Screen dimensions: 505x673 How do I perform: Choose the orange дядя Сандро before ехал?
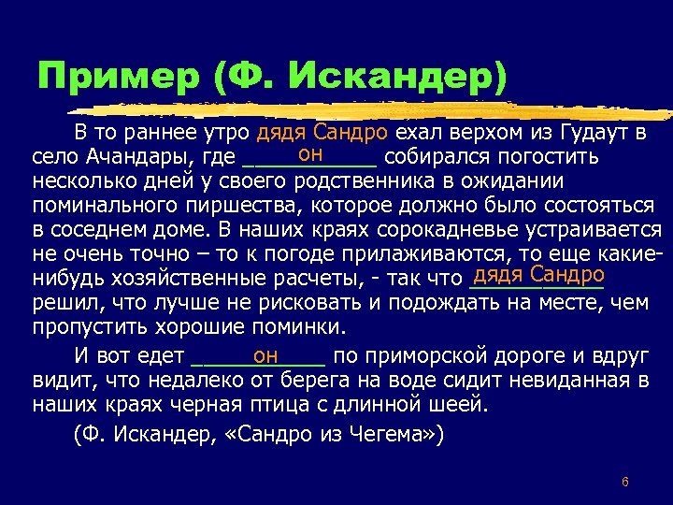coord(325,132)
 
